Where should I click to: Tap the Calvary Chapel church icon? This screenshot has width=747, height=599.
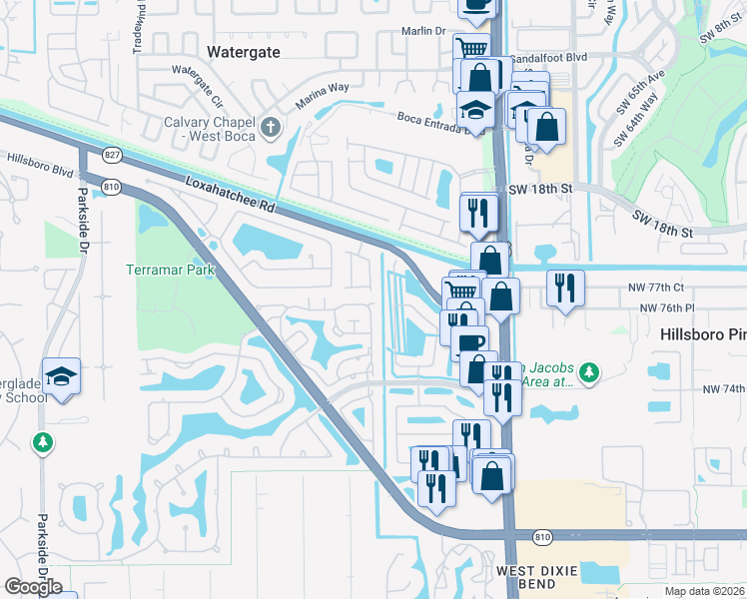pos(271,126)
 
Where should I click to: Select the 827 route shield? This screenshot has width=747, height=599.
pos(111,155)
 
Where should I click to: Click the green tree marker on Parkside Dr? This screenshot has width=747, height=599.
pos(42,441)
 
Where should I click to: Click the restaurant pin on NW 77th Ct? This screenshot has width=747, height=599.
pos(565,288)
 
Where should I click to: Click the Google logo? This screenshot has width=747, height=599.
pos(33,587)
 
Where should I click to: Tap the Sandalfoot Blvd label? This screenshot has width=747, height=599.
pos(547,59)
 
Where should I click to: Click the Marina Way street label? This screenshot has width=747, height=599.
pos(322,96)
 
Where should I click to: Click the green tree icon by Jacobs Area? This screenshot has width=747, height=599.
pos(590,372)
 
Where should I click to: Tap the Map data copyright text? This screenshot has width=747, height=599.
pos(704,591)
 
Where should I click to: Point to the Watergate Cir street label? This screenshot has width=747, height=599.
pos(198,85)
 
